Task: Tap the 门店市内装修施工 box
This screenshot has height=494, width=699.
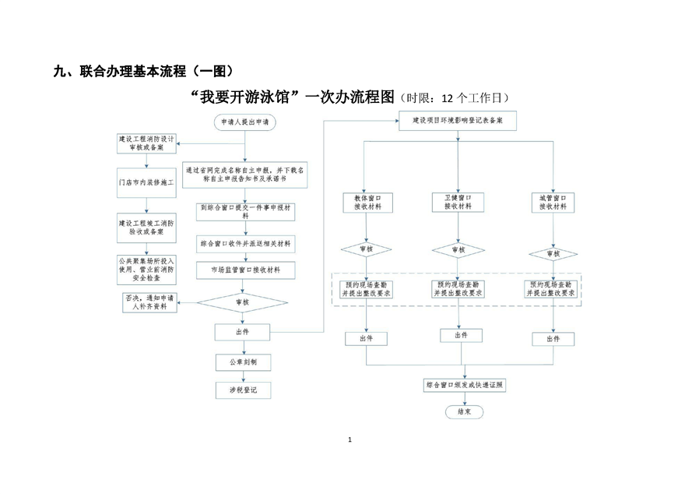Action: tap(146, 181)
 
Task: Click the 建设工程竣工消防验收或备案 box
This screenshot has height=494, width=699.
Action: tap(146, 226)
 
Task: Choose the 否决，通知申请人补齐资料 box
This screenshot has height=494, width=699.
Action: tap(146, 302)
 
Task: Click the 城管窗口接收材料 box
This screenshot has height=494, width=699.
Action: tap(553, 203)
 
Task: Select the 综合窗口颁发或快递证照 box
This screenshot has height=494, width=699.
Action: tap(465, 386)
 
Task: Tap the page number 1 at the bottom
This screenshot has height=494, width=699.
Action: tap(349, 441)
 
